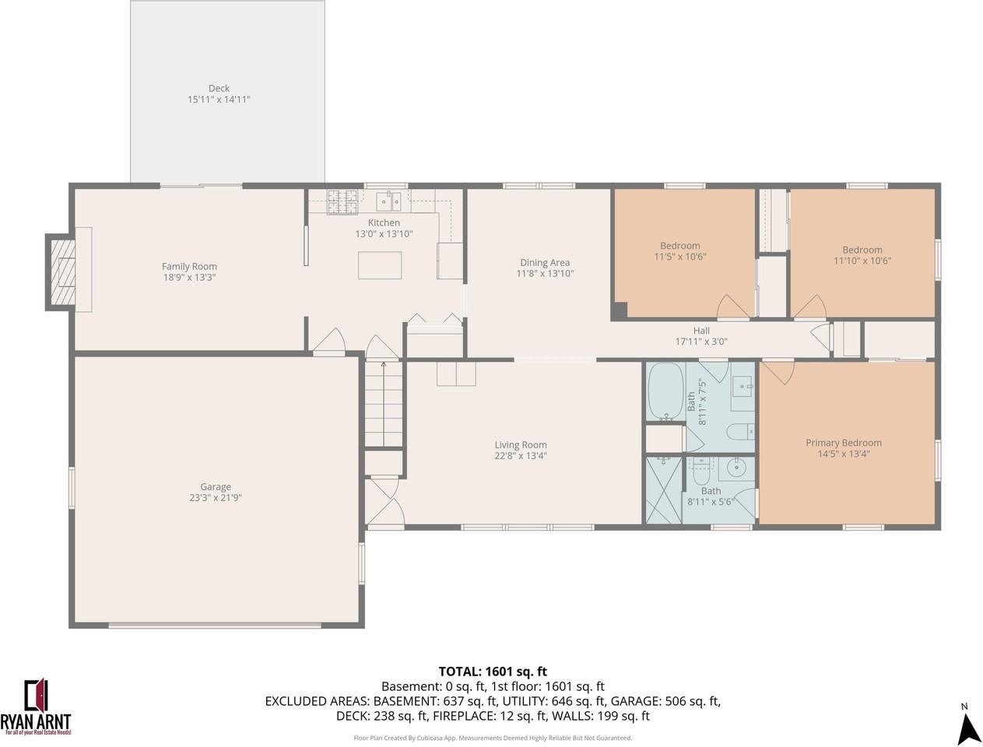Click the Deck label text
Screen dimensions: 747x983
pyautogui.click(x=219, y=88)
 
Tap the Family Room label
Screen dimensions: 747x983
pyautogui.click(x=189, y=266)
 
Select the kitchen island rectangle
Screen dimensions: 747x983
pyautogui.click(x=380, y=265)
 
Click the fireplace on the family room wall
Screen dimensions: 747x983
pyautogui.click(x=61, y=272)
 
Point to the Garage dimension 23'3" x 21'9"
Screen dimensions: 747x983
pyautogui.click(x=216, y=498)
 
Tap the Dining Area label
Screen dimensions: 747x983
pyautogui.click(x=545, y=262)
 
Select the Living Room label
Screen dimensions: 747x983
pyautogui.click(x=521, y=445)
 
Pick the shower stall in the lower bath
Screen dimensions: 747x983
pyautogui.click(x=663, y=489)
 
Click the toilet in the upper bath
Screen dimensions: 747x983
pyautogui.click(x=739, y=430)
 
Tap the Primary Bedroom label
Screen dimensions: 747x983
pyautogui.click(x=844, y=443)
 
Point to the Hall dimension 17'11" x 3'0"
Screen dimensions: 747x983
pyautogui.click(x=701, y=342)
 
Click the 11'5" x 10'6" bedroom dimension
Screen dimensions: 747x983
pyautogui.click(x=680, y=257)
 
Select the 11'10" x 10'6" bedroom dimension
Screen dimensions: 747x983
pyautogui.click(x=862, y=261)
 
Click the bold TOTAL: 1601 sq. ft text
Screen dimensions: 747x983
pyautogui.click(x=493, y=672)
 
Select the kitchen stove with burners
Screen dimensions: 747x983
pyautogui.click(x=342, y=202)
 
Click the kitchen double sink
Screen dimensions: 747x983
pyautogui.click(x=389, y=202)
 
